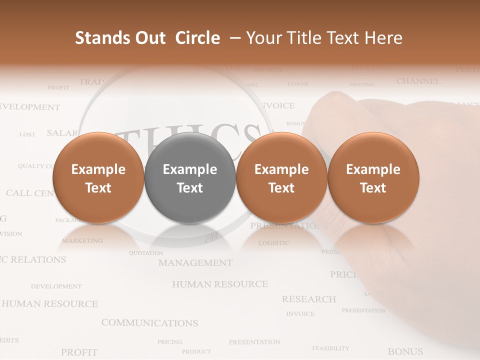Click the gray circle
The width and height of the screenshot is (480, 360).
pyautogui.click(x=189, y=177)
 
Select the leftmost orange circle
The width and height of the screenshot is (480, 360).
pyautogui.click(x=98, y=177)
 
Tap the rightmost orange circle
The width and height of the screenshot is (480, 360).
pyautogui.click(x=373, y=177)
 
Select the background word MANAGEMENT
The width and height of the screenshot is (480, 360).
pyautogui.click(x=195, y=262)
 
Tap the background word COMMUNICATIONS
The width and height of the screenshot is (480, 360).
pyautogui.click(x=149, y=323)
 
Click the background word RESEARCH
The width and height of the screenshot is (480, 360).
pyautogui.click(x=308, y=299)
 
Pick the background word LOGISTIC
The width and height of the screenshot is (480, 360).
pyautogui.click(x=273, y=243)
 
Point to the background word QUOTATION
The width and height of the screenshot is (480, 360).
pyautogui.click(x=146, y=253)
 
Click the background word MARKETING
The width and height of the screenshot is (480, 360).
pyautogui.click(x=82, y=240)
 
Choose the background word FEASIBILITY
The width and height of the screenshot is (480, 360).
pyautogui.click(x=330, y=348)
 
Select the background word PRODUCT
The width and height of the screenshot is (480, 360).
pyautogui.click(x=196, y=351)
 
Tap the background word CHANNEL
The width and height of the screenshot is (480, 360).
pyautogui.click(x=418, y=81)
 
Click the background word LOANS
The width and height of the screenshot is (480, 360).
pyautogui.click(x=298, y=84)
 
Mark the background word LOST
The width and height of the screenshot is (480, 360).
pyautogui.click(x=27, y=134)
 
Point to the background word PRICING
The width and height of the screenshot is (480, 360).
pyautogui.click(x=170, y=342)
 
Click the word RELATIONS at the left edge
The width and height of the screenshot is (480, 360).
pyautogui.click(x=38, y=259)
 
